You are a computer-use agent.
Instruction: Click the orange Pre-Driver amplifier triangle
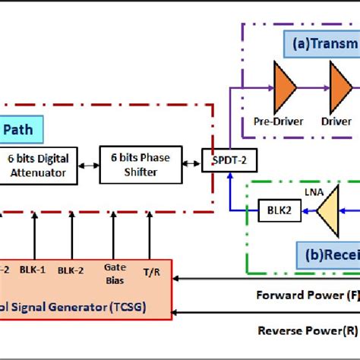click(x=285, y=88)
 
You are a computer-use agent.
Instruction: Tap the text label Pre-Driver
click(x=279, y=121)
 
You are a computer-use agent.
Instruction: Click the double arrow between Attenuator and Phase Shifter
click(x=88, y=165)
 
